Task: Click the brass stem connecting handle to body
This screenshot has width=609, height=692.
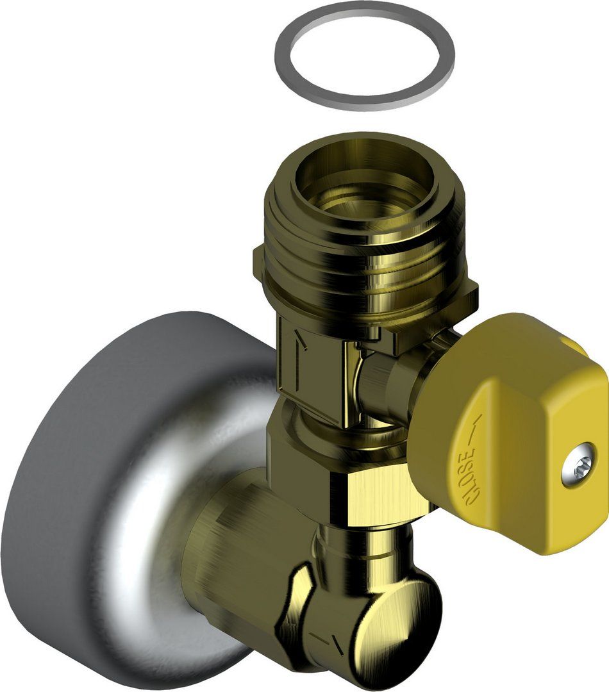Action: (x=385, y=384)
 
